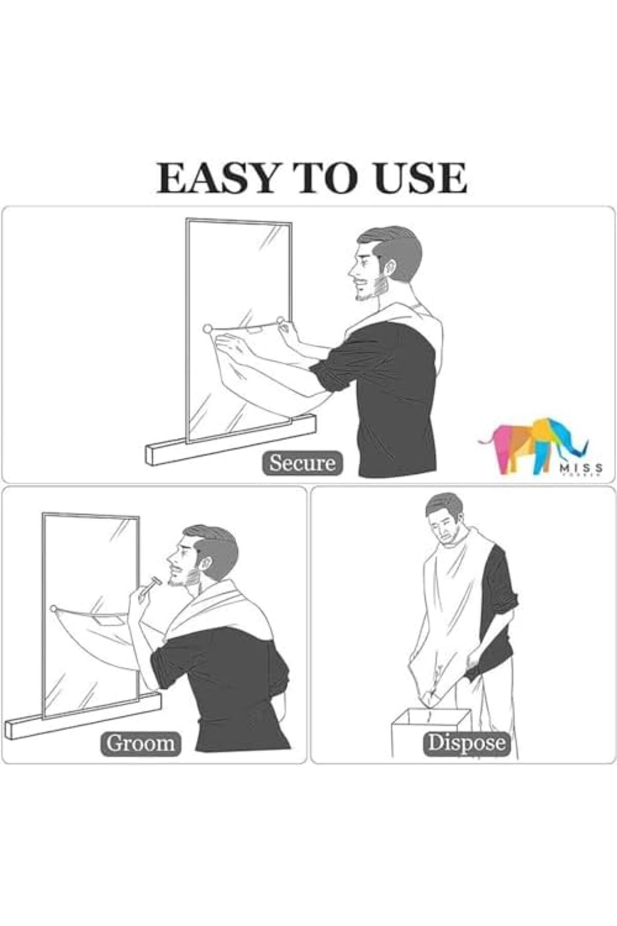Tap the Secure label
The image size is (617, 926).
(x=302, y=463)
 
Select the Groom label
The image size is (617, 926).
(x=140, y=743)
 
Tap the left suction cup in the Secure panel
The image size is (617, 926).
(x=207, y=328)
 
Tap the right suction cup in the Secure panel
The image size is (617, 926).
(x=281, y=321)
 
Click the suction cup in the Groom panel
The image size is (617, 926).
(x=53, y=609)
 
